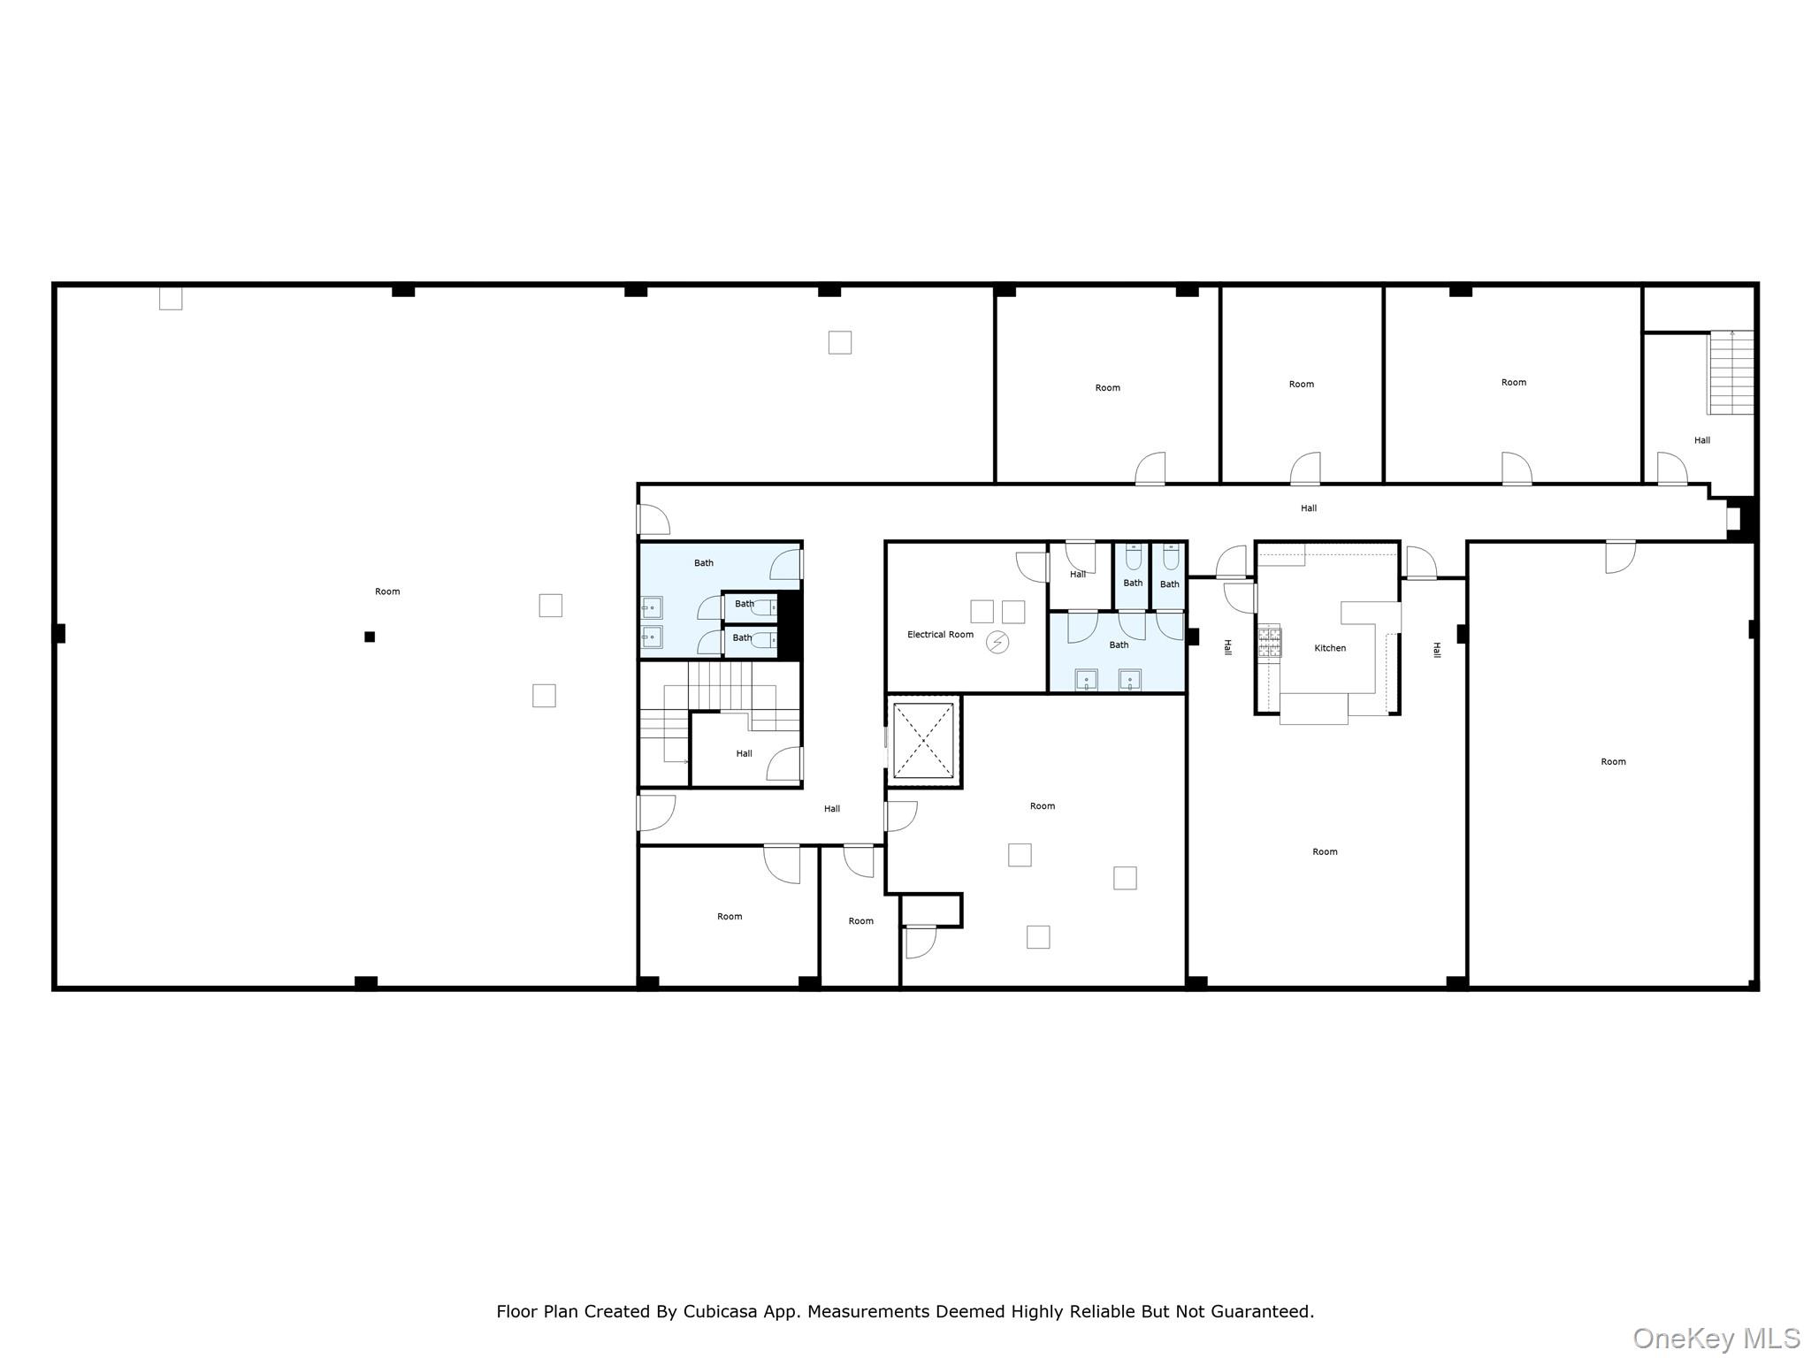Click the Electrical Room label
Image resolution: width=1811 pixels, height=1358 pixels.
coord(940,635)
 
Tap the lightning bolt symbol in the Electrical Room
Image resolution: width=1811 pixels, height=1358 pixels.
coord(997,643)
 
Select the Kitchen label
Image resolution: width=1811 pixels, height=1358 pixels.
coord(1330,648)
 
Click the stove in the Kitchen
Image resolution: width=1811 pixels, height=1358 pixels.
coord(1270,641)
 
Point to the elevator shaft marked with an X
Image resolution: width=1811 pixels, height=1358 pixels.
coord(923,741)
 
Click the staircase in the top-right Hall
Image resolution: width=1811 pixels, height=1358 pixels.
coord(1731,372)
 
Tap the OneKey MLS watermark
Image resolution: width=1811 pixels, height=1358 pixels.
coord(1715,1338)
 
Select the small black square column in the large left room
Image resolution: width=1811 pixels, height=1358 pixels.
coord(370,637)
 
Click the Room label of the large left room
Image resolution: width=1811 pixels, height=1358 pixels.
coord(387,591)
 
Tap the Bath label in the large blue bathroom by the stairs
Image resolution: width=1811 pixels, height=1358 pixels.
coord(704,563)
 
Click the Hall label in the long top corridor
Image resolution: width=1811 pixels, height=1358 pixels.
coord(1309,508)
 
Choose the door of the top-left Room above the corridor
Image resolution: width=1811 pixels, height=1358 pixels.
coord(1150,469)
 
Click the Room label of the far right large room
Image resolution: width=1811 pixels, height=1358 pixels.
coord(1613,762)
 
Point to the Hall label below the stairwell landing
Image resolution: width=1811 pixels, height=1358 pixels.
coord(832,809)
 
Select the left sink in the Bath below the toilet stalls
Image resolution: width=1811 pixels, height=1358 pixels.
coord(1086,679)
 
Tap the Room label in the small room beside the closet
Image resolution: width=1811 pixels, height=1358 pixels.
coord(860,921)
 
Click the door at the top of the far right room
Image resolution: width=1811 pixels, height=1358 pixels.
coord(1620,556)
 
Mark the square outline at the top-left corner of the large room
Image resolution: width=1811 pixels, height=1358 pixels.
coord(171,298)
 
